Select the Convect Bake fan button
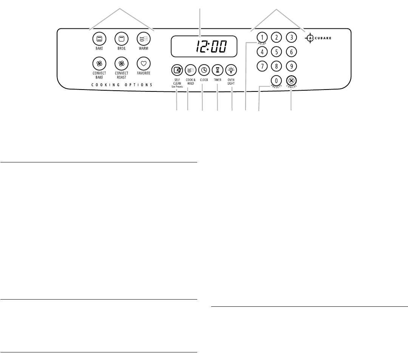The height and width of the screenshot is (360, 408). point(99,63)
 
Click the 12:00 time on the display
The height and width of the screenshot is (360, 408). point(211,46)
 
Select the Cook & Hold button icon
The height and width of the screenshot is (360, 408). point(190,70)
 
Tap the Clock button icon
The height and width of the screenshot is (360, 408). point(204,70)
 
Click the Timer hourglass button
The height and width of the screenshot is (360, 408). point(218,70)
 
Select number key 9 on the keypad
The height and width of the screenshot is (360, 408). point(291,66)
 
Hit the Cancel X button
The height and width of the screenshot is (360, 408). point(291,80)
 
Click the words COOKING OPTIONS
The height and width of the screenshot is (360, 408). point(122,85)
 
